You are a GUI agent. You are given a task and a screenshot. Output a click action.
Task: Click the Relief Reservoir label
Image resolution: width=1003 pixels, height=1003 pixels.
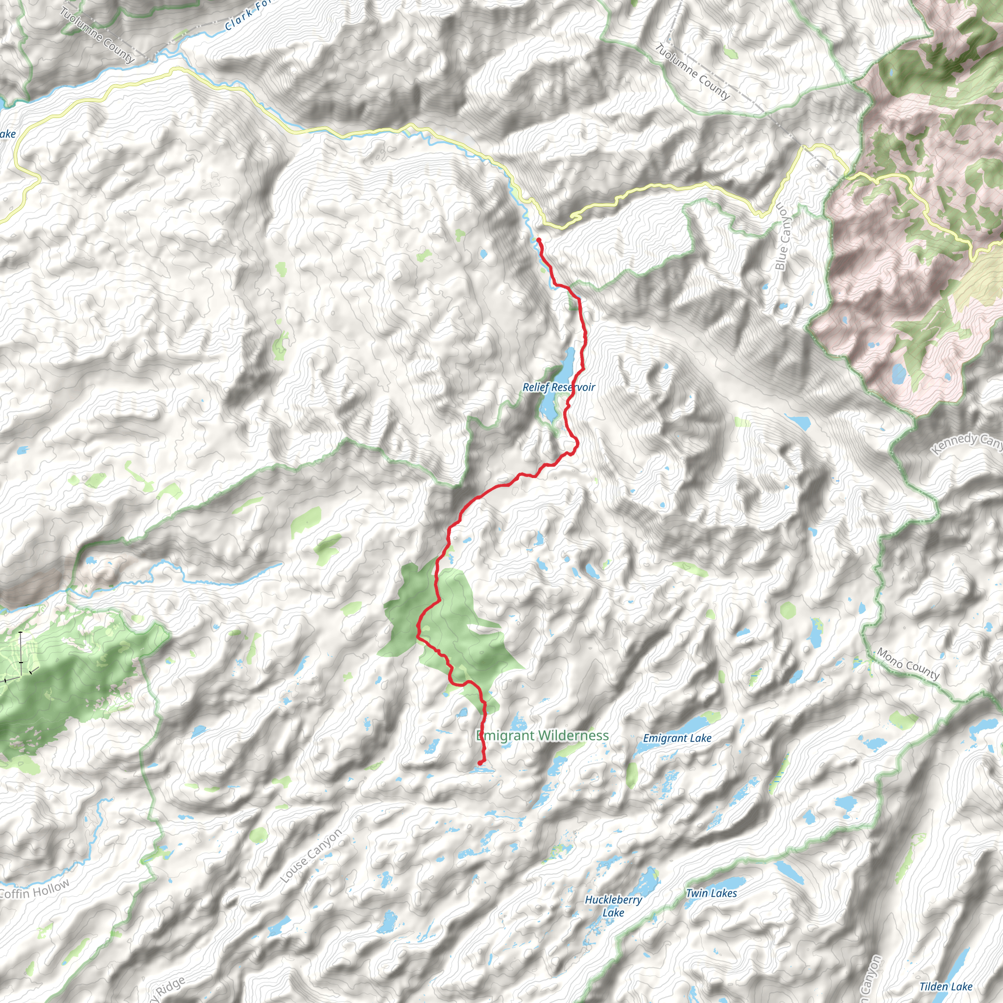[x=559, y=387]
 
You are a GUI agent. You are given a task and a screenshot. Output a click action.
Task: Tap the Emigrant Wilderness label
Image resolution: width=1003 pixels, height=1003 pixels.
[x=543, y=735]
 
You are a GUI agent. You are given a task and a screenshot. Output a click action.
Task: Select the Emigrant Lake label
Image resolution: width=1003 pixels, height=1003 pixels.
[x=677, y=738]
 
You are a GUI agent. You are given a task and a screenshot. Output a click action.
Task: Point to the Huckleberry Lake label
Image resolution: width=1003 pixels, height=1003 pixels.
[x=613, y=906]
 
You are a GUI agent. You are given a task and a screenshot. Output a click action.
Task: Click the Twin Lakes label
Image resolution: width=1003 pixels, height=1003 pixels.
[x=711, y=893]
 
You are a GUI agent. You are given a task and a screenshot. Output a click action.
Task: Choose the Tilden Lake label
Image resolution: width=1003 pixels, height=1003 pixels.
[x=946, y=986]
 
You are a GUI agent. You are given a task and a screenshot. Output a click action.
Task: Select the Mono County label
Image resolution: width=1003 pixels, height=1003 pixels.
[x=908, y=664]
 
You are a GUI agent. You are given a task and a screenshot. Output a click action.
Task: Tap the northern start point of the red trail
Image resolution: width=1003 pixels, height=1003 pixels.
[x=539, y=240]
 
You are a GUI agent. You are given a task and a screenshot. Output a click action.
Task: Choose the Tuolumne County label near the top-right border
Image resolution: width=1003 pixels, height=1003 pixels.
[x=693, y=72]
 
